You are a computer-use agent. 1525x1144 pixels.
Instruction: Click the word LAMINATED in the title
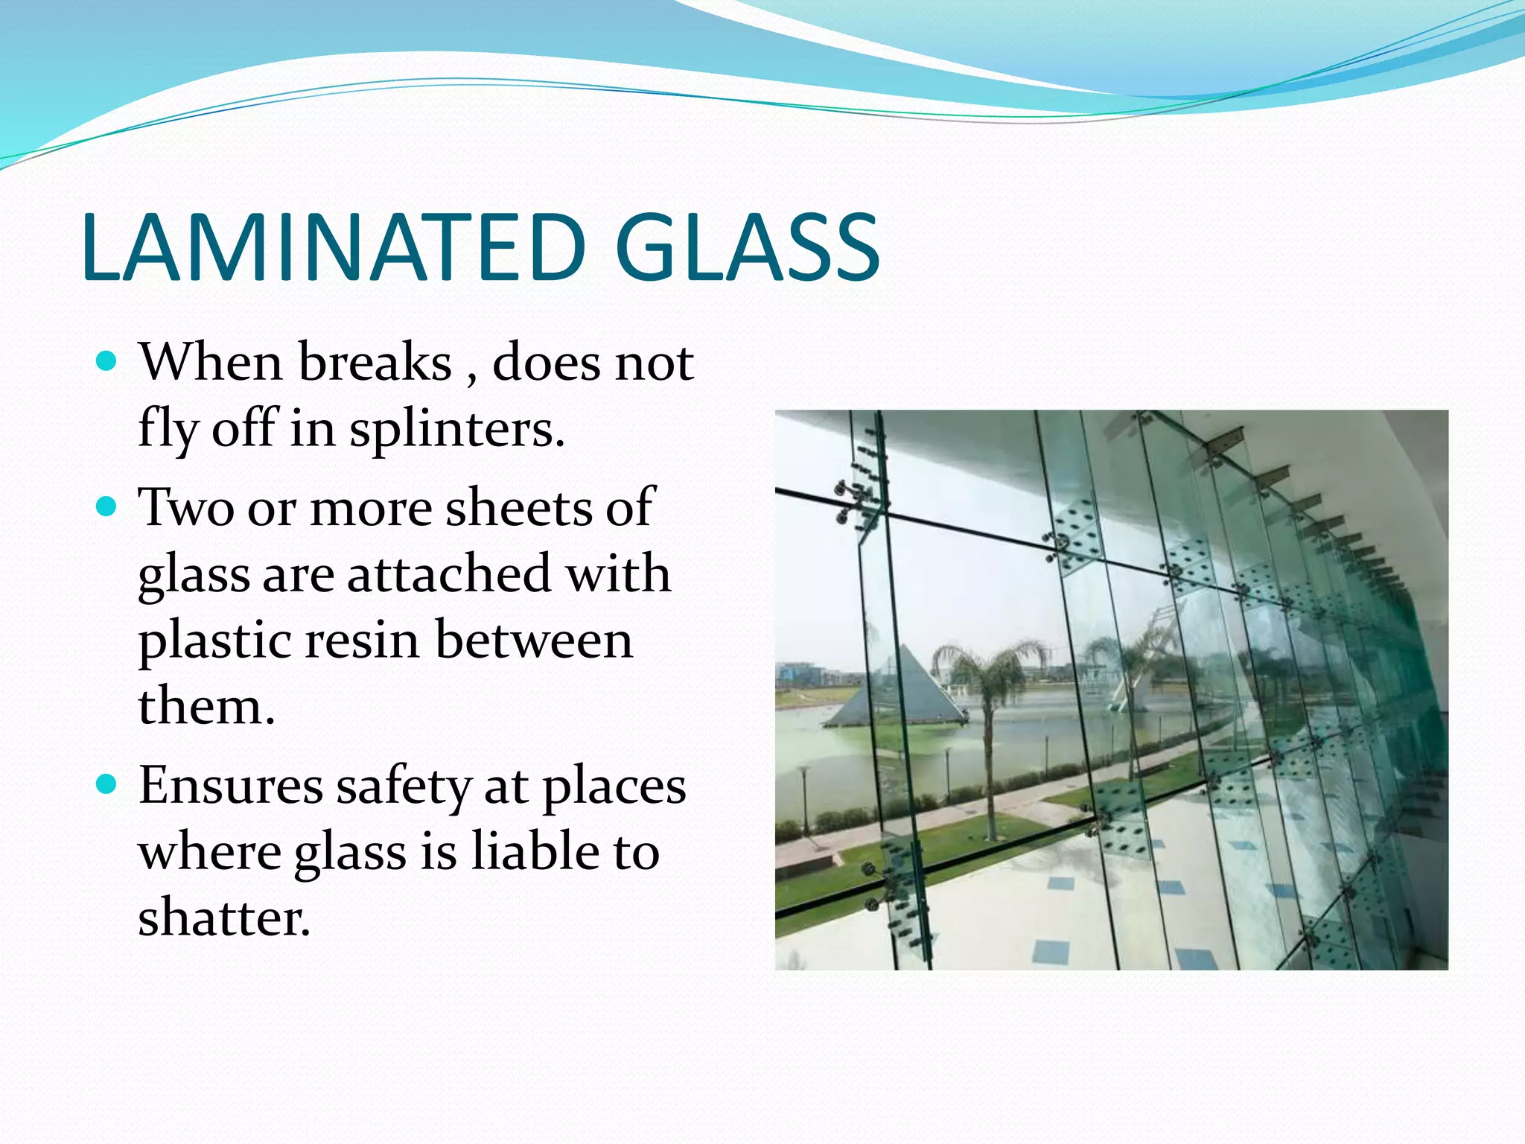334,247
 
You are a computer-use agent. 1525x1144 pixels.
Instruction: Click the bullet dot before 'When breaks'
107,362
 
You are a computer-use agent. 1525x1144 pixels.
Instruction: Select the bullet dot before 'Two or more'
107,507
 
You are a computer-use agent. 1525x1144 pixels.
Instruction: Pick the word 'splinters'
456,430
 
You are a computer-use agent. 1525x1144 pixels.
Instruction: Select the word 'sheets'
518,508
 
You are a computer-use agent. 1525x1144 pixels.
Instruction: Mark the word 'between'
534,641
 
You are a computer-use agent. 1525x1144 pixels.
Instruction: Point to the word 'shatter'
223,918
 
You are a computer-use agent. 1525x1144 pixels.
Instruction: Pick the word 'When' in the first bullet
211,363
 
